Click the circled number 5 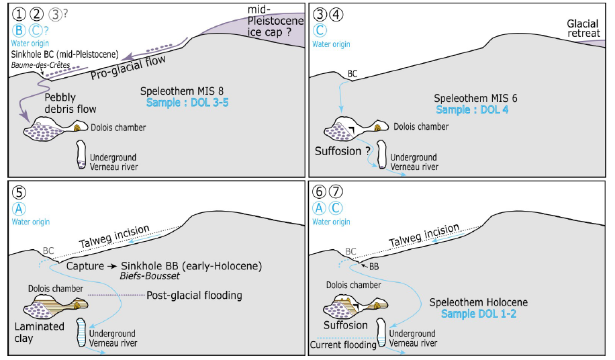(19, 191)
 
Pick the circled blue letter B (19, 30)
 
